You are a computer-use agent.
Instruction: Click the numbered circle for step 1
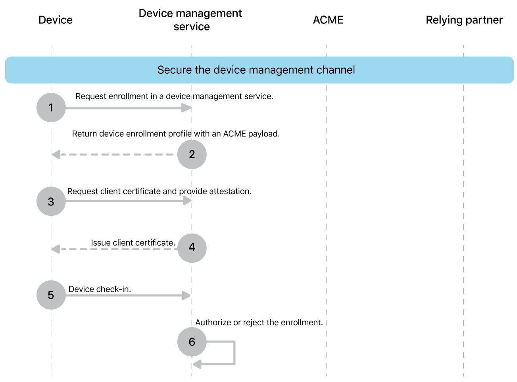(x=51, y=107)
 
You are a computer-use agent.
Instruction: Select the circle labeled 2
(x=192, y=154)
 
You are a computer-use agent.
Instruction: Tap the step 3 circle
(x=51, y=202)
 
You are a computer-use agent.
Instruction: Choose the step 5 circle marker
(x=51, y=295)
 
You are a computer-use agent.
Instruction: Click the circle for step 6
(x=192, y=342)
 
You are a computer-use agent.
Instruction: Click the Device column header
(x=56, y=20)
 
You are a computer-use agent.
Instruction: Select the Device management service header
(x=190, y=20)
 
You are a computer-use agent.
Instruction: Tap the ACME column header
(x=328, y=20)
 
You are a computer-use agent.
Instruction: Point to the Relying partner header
(x=464, y=20)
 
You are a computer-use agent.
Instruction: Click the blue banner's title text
(x=256, y=70)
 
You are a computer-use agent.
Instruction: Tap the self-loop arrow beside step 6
(x=234, y=353)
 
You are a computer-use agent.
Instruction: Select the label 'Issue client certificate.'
(x=133, y=243)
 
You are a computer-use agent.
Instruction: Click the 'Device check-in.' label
(x=100, y=289)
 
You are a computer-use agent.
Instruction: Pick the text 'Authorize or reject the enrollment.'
(x=259, y=322)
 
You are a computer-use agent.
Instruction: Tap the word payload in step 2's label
(x=263, y=134)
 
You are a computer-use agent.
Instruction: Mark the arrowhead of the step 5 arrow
(x=186, y=295)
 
